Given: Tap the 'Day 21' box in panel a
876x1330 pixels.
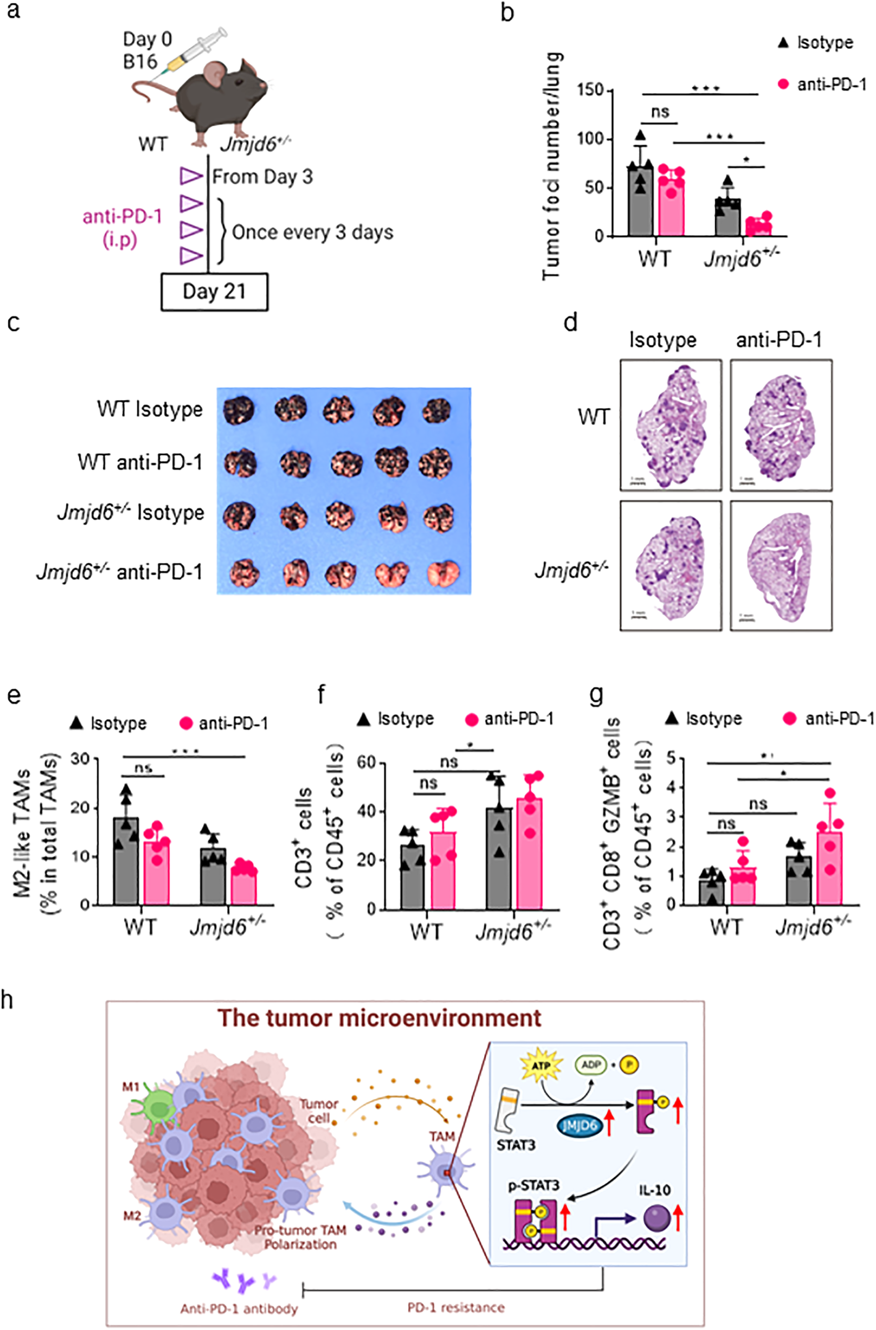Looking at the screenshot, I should [x=214, y=291].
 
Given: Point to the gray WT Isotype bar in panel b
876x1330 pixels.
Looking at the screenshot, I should [x=640, y=201].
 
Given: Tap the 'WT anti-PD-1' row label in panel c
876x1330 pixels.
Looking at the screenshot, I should [x=140, y=463].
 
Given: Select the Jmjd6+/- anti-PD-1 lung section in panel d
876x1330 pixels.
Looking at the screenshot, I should [x=780, y=565].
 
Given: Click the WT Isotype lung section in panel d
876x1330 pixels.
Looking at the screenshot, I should [x=670, y=425].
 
